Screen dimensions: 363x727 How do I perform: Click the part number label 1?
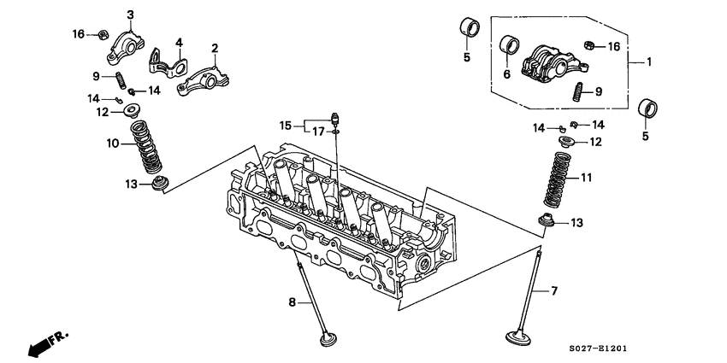pos(648,62)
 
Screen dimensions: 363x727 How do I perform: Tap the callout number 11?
pos(586,178)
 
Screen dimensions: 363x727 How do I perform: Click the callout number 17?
pos(318,132)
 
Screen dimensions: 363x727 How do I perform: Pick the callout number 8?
pos(292,302)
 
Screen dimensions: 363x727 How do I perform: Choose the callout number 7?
pos(553,291)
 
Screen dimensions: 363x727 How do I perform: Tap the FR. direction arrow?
pos(47,342)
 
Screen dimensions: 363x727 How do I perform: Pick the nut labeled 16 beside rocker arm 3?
pos(101,35)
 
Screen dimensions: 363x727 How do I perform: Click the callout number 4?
pos(180,42)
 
